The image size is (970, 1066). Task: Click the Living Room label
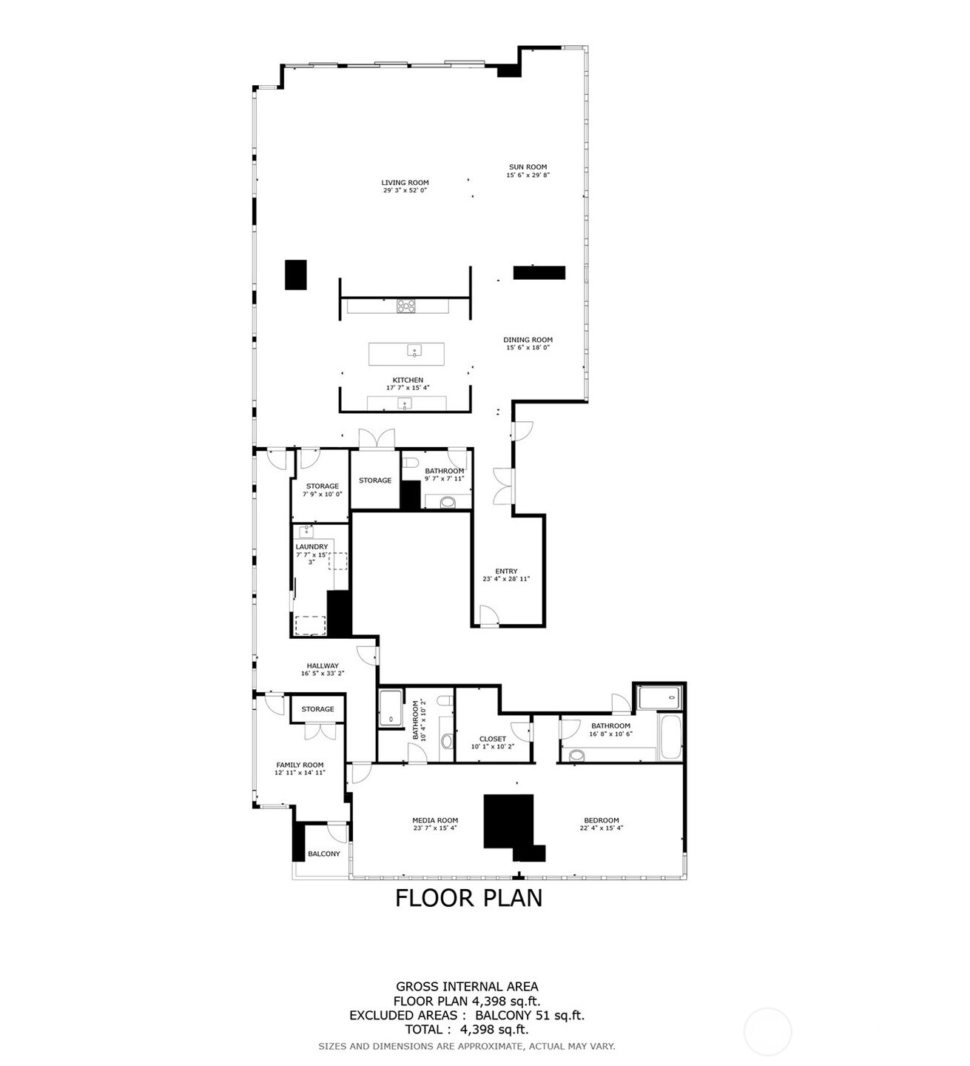(x=405, y=182)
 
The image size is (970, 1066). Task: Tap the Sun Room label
(x=528, y=167)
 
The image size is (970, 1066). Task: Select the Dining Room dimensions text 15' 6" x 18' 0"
(x=528, y=347)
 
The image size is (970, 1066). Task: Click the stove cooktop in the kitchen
(x=406, y=305)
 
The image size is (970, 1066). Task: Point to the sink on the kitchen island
(x=414, y=351)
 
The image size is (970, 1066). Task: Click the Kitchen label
(x=408, y=380)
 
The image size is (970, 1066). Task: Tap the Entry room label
(x=506, y=571)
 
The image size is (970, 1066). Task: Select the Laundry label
(x=311, y=546)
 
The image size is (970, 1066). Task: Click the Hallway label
(x=323, y=666)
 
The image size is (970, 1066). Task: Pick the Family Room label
(x=300, y=765)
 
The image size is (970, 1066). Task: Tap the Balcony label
(x=323, y=854)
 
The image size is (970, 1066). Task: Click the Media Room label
(x=435, y=820)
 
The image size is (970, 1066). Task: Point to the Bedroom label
(x=601, y=820)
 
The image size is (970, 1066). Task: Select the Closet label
(x=492, y=739)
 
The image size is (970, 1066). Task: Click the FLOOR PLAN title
(x=468, y=897)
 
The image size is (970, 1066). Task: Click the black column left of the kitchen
(x=296, y=275)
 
